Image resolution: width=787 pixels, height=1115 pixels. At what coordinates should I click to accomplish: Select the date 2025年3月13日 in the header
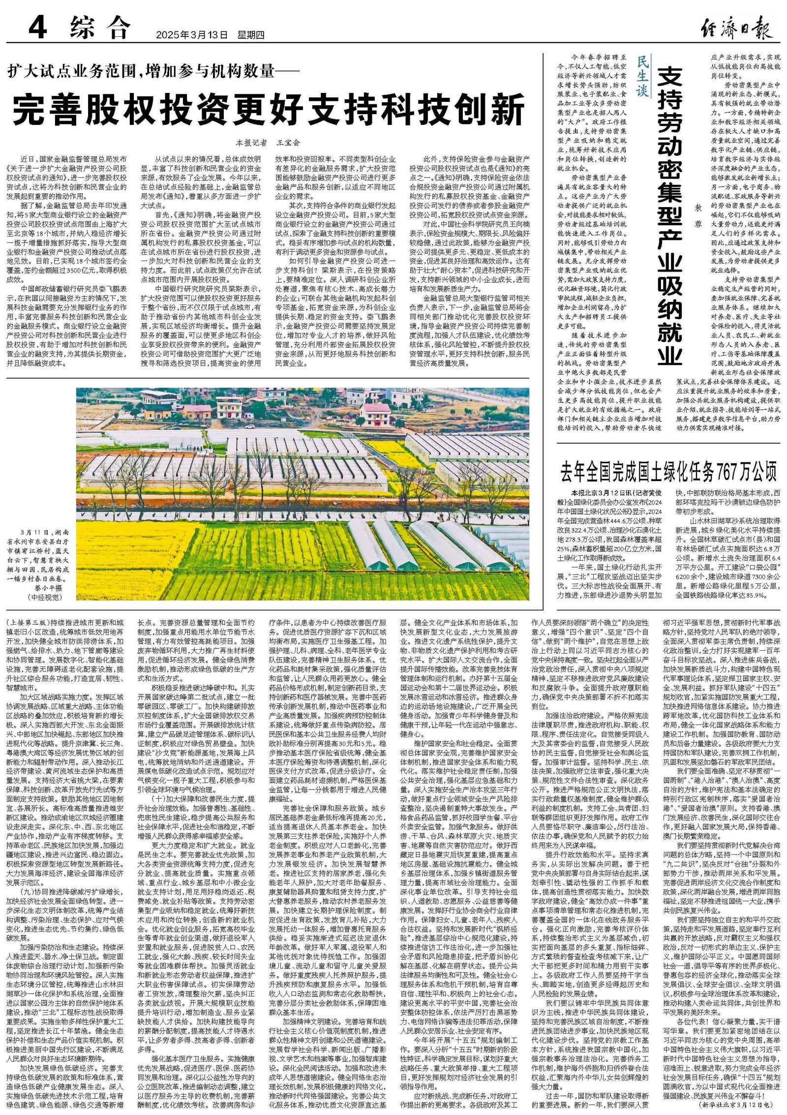point(192,35)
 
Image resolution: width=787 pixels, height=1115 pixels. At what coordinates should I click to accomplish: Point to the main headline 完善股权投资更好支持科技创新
point(269,112)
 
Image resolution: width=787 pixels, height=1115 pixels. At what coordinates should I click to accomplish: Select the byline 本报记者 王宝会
point(268,143)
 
